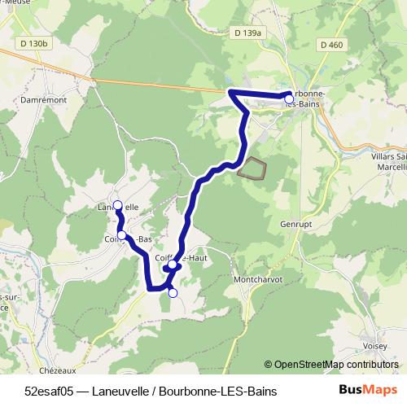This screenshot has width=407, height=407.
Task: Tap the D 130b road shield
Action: [x=36, y=42]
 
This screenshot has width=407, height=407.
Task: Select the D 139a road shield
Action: [x=247, y=33]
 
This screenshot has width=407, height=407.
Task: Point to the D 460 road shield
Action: [x=332, y=44]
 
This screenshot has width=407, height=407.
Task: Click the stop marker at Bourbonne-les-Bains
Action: [x=289, y=99]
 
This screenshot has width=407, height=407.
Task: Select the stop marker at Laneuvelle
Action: [x=117, y=205]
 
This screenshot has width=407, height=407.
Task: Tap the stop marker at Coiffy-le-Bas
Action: [x=122, y=235]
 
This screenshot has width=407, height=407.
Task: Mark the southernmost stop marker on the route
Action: [x=172, y=293]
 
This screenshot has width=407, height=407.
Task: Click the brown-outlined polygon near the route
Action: [x=252, y=168]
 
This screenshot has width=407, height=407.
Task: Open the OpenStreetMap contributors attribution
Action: [x=331, y=365]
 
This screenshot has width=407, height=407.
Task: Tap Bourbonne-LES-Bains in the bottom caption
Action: [x=218, y=392]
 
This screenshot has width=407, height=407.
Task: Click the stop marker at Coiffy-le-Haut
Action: [x=173, y=265]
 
